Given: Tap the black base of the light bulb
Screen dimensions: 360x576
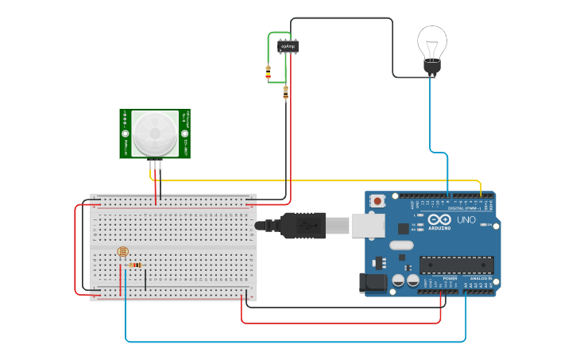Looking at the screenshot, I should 431,67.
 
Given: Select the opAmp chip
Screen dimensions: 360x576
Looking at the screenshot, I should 288,47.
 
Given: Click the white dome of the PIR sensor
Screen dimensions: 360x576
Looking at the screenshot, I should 154,134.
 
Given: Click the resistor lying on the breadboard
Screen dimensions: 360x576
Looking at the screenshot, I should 136,265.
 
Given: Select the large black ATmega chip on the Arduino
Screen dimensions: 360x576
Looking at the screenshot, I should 456,265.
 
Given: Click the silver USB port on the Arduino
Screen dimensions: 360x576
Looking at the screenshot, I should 367,226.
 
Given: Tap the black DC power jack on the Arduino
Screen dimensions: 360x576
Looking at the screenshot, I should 371,283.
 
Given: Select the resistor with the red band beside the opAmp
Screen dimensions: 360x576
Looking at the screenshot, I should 268,72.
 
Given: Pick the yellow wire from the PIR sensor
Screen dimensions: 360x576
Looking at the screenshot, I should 318,181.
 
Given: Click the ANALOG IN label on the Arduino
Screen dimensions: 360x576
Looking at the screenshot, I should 480,278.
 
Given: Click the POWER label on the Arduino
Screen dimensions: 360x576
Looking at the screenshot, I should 450,278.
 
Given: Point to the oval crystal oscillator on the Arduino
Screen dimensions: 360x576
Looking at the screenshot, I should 402,246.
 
